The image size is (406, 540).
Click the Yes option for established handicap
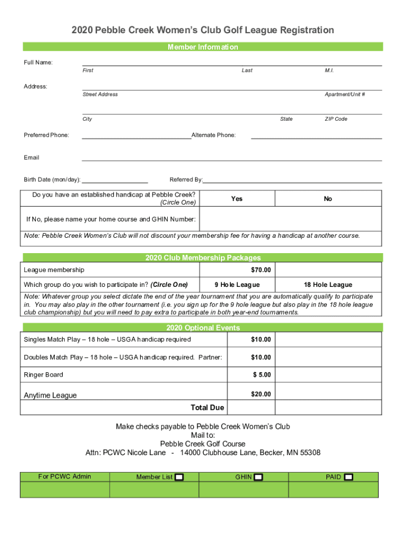pos(237,199)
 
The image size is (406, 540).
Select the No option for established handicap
pos(328,199)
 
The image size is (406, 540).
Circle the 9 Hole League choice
pos(237,285)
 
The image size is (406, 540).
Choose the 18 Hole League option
pos(328,285)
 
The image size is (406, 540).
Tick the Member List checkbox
pos(179,477)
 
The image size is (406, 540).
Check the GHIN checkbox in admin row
pos(258,477)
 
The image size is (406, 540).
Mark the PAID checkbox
pos(349,477)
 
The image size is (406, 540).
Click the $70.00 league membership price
pos(260,270)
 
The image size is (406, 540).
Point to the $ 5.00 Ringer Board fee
pos(262,375)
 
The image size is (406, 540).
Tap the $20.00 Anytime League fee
pos(260,394)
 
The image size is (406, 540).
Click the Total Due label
pos(207,408)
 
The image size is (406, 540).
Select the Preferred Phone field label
pos(46,136)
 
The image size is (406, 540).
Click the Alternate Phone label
pos(214,136)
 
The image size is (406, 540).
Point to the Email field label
pos(32,158)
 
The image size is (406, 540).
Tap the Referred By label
pos(186,180)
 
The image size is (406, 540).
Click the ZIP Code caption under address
pos(336,119)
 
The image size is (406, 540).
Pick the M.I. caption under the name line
pos(330,71)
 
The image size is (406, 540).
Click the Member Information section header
pos(202,47)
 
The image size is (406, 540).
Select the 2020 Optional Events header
pos(202,328)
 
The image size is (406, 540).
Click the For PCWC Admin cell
pos(65,477)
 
